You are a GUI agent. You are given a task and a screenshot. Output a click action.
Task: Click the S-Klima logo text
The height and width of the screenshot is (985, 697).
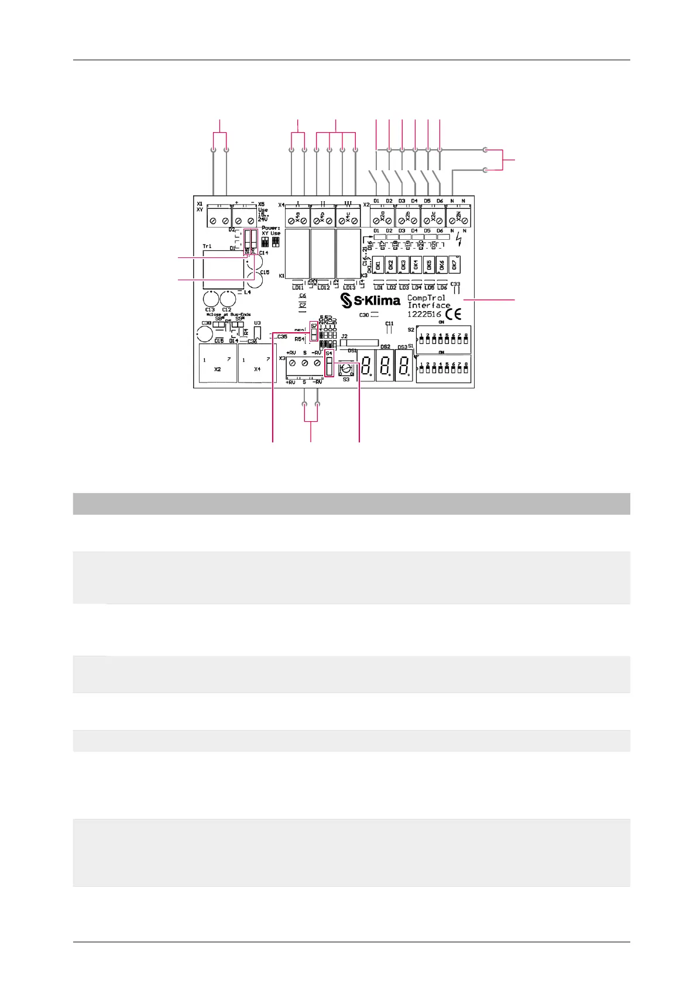coord(370,301)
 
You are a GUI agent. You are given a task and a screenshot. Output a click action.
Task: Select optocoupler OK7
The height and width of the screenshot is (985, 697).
coord(455,264)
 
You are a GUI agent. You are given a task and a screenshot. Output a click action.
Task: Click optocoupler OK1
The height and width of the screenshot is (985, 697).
coord(378,264)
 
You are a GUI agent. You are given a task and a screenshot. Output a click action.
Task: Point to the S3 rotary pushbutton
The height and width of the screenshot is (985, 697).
coord(346,368)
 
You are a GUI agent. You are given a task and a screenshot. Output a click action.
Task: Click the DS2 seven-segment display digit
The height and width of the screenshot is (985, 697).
coord(384,367)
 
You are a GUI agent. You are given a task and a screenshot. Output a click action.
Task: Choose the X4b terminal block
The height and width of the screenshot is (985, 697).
coord(322,218)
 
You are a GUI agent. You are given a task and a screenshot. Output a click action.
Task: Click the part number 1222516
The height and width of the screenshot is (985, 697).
coord(424,314)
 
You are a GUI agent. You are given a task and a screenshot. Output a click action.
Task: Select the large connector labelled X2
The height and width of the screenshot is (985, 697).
coord(217,363)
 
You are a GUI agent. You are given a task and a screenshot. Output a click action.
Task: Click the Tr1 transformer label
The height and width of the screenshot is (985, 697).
coord(207,246)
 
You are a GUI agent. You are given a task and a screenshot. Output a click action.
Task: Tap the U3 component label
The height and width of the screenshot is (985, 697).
coord(257,323)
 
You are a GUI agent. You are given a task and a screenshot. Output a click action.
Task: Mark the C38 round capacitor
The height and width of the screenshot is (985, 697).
coord(204,334)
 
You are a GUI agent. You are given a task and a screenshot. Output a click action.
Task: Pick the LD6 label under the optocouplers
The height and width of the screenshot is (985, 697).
coord(442,288)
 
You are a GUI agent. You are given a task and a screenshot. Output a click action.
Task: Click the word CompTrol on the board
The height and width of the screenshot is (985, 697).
coord(426,298)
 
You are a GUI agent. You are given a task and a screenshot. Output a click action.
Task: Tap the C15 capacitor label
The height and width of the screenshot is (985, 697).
coord(265,273)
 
